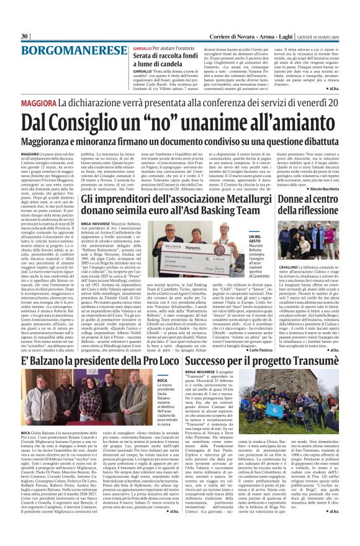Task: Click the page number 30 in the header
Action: [x=24, y=36]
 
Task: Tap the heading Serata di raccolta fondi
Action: [x=161, y=57]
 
